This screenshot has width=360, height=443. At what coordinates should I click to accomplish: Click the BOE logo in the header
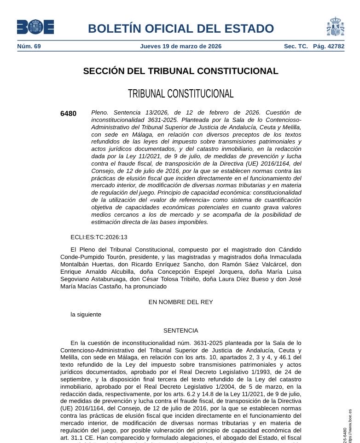pyautogui.click(x=35, y=27)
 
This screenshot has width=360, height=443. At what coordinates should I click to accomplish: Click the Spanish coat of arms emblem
pyautogui.click(x=335, y=27)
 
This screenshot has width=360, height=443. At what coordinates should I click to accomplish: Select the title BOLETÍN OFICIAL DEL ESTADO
pyautogui.click(x=180, y=29)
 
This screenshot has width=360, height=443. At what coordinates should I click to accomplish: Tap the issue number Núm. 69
pyautogui.click(x=29, y=46)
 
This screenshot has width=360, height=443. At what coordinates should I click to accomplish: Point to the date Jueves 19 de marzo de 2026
pyautogui.click(x=180, y=46)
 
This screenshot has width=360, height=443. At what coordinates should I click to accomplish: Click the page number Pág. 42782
pyautogui.click(x=328, y=46)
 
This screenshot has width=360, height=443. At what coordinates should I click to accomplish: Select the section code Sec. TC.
pyautogui.click(x=296, y=46)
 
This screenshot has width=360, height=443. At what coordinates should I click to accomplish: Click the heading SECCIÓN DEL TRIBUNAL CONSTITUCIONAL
pyautogui.click(x=180, y=71)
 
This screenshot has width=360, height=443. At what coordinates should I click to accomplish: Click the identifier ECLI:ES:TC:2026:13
pyautogui.click(x=99, y=237)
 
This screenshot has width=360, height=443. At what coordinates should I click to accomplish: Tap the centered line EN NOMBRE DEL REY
pyautogui.click(x=180, y=302)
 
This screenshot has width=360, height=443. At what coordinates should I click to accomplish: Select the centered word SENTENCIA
pyautogui.click(x=180, y=331)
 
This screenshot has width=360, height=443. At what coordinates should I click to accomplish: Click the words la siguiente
pyautogui.click(x=86, y=315)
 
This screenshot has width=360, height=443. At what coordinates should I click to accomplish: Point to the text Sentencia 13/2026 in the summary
pyautogui.click(x=140, y=112)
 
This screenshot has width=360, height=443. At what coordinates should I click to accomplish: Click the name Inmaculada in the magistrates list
pyautogui.click(x=282, y=257)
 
